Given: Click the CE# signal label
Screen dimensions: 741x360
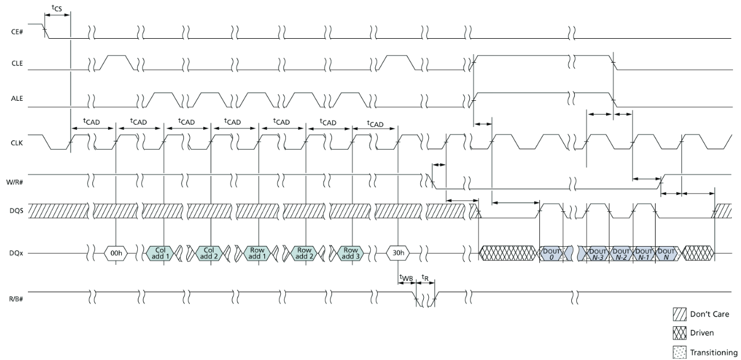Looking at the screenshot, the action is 17,32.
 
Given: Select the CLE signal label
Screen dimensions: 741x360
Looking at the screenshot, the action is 17,63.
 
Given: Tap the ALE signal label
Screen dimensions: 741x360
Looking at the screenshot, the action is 17,99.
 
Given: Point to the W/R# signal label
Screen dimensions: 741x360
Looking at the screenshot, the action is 15,182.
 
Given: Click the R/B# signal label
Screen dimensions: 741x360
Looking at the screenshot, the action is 15,299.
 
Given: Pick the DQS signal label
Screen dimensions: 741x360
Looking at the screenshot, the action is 17,211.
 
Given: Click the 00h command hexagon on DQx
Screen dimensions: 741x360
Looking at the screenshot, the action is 116,253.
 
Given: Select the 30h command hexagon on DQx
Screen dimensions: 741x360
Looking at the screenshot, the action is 398,253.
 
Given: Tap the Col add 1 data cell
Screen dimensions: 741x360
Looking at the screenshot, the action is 160,253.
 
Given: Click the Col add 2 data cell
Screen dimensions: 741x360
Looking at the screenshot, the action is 208,253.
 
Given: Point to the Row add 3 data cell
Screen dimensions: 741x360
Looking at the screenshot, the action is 350,253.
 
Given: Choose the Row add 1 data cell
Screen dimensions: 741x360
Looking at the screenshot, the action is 257,253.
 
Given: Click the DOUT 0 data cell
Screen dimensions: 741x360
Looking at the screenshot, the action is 551,253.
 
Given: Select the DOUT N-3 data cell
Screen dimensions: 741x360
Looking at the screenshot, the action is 597,253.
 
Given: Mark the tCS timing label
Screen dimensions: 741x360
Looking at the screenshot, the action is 57,8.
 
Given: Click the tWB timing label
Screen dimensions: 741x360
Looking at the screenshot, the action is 406,277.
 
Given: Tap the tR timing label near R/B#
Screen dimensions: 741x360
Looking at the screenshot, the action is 425,277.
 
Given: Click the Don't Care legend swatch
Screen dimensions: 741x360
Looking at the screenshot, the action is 679,314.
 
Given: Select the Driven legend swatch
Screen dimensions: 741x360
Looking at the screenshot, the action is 679,333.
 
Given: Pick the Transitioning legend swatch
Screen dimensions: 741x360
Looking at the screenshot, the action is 679,353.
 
